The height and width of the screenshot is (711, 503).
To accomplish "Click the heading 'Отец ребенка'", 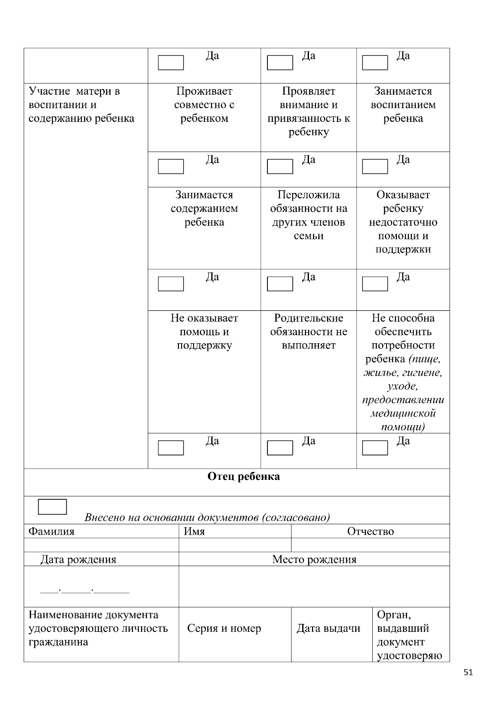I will pos(244,477).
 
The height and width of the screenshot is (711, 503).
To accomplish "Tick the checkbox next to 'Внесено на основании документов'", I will pos(52,507).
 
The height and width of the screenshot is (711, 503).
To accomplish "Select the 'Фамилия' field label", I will pos(51,531).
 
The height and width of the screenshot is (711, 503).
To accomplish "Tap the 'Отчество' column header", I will pos(370,531).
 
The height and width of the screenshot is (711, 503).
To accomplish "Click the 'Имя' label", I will pos(194,531).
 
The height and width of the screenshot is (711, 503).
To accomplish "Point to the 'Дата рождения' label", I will pos(78,559).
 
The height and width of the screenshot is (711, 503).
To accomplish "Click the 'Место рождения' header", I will pos(314,559).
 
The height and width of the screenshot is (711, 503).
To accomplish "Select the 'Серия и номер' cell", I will pos(224,629).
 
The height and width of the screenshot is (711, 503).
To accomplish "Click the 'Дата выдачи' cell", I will pos(328,629).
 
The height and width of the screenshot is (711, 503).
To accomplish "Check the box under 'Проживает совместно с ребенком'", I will pos(171,167).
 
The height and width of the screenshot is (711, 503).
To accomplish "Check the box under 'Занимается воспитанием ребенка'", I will pos(375,167).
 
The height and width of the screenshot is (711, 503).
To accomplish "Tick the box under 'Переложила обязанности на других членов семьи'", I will pos(280,284).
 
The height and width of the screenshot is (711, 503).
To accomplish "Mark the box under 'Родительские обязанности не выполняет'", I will pos(280,448).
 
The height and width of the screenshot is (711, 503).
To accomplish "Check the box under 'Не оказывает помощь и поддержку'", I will pos(171,448).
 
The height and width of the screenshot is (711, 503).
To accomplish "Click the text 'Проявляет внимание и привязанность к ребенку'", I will pos(309,111).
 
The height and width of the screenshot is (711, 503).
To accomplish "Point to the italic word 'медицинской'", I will pos(403,413).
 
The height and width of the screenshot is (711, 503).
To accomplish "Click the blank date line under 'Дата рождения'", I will pos(85,591).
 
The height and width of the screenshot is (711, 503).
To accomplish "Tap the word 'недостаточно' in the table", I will pos(403,222).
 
